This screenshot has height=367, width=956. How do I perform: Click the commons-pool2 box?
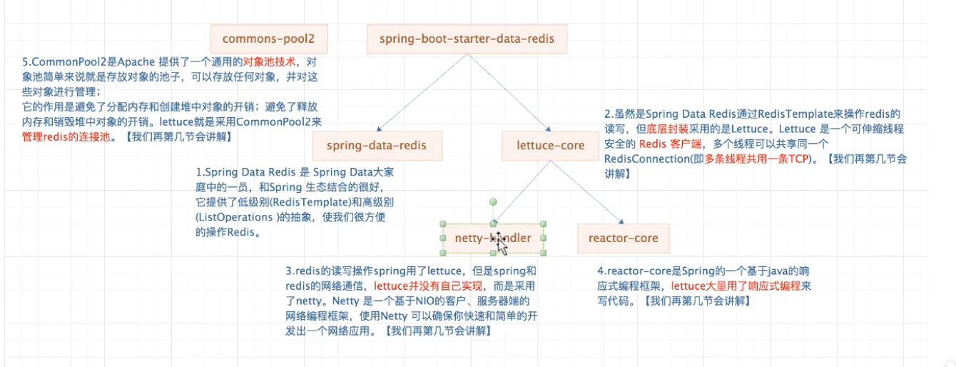tap(268, 39)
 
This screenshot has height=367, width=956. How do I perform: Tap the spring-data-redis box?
tap(376, 146)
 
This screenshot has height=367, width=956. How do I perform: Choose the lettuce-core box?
tap(550, 146)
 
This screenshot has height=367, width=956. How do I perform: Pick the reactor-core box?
tap(623, 238)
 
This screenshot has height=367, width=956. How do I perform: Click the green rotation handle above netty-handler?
tap(492, 203)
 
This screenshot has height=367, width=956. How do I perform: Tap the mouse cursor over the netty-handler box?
tap(502, 244)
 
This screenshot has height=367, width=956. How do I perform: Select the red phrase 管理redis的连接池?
tap(65, 136)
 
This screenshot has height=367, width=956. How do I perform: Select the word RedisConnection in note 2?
tap(642, 159)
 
